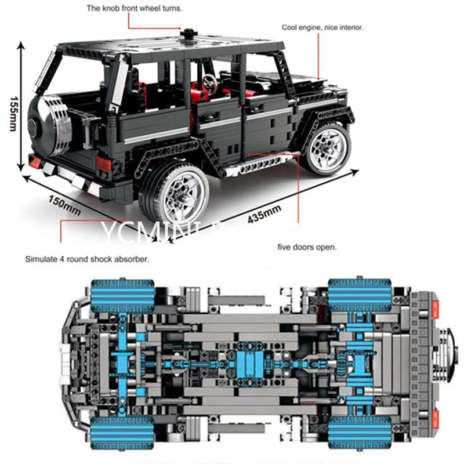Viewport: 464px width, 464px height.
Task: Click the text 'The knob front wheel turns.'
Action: click(x=133, y=9)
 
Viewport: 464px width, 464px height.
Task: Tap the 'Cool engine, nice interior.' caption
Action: click(x=322, y=27)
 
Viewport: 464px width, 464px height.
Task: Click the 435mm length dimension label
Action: click(x=263, y=216)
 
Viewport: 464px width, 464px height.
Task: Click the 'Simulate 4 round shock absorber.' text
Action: click(x=87, y=259)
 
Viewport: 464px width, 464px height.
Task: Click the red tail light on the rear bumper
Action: click(x=104, y=163)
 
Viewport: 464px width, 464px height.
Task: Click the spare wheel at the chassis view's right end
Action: click(x=449, y=360)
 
